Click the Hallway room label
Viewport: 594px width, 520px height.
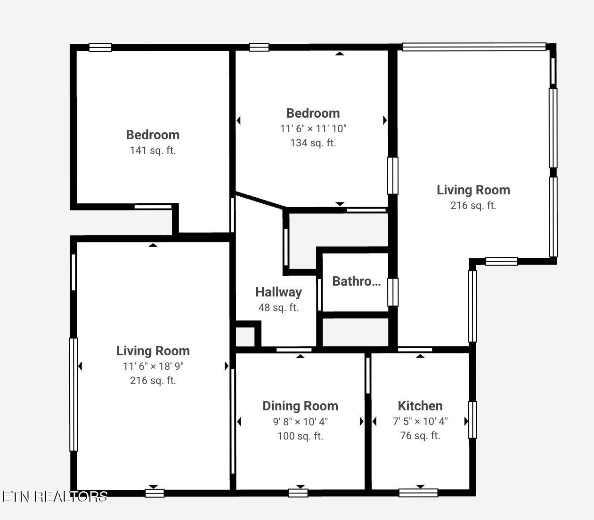[x=278, y=292]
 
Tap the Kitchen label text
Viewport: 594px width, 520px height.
[x=420, y=406]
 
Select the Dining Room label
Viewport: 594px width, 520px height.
[x=300, y=406]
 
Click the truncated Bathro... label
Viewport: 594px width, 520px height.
[x=357, y=281]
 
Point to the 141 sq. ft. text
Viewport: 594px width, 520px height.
[x=153, y=151]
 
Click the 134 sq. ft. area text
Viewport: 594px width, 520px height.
[x=313, y=143]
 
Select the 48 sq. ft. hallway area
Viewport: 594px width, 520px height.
[x=278, y=308]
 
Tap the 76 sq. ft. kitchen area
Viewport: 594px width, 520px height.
[x=420, y=436]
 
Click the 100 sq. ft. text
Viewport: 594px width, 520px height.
[x=300, y=436]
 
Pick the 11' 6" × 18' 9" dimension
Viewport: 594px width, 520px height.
[x=153, y=366]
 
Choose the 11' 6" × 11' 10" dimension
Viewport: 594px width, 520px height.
[x=313, y=128]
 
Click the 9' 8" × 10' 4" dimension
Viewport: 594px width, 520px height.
[x=300, y=422]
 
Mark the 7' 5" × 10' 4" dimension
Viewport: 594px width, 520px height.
[x=420, y=421]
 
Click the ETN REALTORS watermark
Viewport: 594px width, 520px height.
[x=55, y=496]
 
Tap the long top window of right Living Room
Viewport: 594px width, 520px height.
[x=474, y=47]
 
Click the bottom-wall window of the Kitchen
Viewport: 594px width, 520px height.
[x=418, y=493]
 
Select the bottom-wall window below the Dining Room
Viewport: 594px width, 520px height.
[x=298, y=493]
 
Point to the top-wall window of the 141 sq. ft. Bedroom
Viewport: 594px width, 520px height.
[x=100, y=48]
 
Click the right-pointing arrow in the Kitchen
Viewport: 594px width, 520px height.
[x=466, y=422]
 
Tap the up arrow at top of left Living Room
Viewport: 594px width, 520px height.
[x=153, y=245]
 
